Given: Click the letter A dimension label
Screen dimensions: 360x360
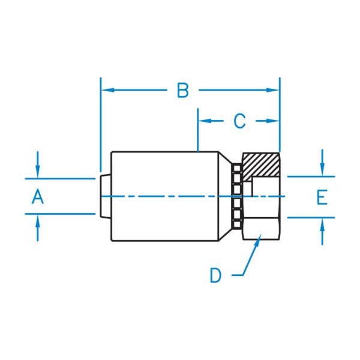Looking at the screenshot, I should [37, 196].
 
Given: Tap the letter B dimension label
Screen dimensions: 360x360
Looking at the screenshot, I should [183, 91].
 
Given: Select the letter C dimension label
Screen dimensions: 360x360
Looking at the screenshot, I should [239, 121].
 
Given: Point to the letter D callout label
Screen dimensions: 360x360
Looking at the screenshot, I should [215, 275].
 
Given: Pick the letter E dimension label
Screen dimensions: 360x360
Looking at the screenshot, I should [322, 197].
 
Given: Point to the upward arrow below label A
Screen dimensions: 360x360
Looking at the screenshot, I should [37, 220].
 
